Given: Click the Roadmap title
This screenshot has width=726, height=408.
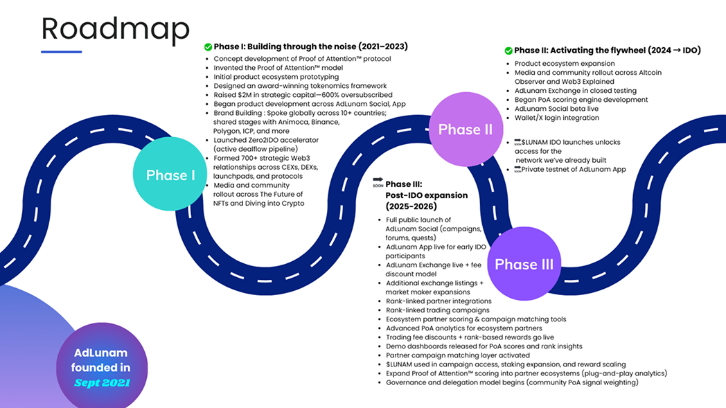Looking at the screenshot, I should tap(115, 29).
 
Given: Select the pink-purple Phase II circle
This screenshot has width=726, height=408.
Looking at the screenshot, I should tap(465, 130).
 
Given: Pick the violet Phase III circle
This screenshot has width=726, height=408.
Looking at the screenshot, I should tap(524, 264).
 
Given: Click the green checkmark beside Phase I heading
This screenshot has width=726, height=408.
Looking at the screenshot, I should tap(208, 47).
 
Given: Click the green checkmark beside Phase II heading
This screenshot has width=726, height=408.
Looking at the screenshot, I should tap(508, 51).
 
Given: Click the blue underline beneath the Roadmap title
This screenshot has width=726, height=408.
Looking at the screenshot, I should tap(61, 51).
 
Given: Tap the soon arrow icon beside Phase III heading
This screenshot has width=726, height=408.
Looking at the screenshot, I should tap(378, 181).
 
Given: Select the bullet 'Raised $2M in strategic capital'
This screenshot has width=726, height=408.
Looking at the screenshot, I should tap(303, 95).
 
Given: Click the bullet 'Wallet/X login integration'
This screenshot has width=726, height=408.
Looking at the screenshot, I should tap(556, 118).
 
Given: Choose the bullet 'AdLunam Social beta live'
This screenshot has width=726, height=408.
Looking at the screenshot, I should tap(556, 109).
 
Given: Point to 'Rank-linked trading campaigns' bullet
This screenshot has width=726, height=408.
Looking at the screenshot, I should tap(437, 310).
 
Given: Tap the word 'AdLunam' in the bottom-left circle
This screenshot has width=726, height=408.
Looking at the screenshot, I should tap(102, 353).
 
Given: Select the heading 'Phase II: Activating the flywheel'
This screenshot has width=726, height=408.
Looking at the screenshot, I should tap(607, 51).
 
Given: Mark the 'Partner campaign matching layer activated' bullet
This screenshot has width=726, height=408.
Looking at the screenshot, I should tap(457, 355).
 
